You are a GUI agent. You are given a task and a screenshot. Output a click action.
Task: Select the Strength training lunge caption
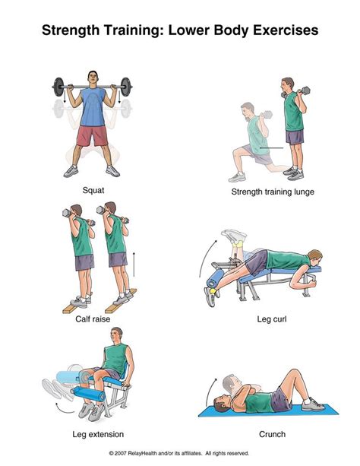click(x=272, y=192)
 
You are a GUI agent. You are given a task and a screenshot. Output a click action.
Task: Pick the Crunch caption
click(x=271, y=435)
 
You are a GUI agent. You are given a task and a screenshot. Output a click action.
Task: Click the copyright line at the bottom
click(x=180, y=454)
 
